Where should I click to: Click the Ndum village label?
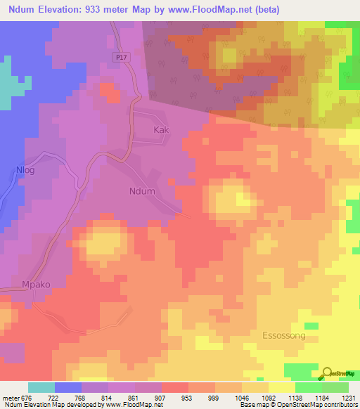coord(142,190)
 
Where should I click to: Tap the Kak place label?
coord(161,130)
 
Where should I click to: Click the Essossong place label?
coord(283,336)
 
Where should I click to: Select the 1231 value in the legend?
coord(349,397)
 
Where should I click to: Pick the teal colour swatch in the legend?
coord(41,387)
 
